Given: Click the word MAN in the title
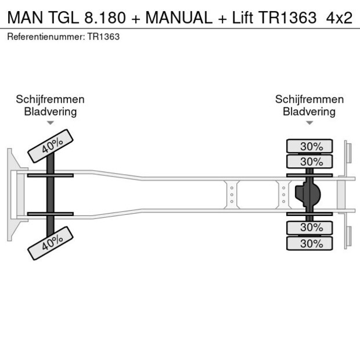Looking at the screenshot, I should tap(23, 17).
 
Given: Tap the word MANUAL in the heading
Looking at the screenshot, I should tap(178, 17).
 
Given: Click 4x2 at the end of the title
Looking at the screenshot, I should tap(339, 17).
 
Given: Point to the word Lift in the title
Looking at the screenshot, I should tap(239, 17).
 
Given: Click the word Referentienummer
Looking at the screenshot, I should tap(45, 37).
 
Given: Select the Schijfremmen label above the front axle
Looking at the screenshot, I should tap(51, 99).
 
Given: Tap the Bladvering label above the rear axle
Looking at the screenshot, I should tap(309, 111).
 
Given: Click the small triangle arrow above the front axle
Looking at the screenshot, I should tap(51, 123).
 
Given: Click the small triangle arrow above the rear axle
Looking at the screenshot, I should tap(309, 123).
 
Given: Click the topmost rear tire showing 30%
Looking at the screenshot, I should tap(309, 146).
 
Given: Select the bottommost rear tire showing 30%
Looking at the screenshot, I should tap(309, 244).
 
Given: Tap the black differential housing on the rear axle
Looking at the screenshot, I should tap(308, 195).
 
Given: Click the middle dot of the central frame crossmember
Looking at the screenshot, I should tap(232, 195).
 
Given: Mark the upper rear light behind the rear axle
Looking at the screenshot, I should tap(348, 153).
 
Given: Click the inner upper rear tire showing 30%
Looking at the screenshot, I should tap(309, 161).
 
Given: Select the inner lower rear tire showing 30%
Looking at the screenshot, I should tap(309, 228).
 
